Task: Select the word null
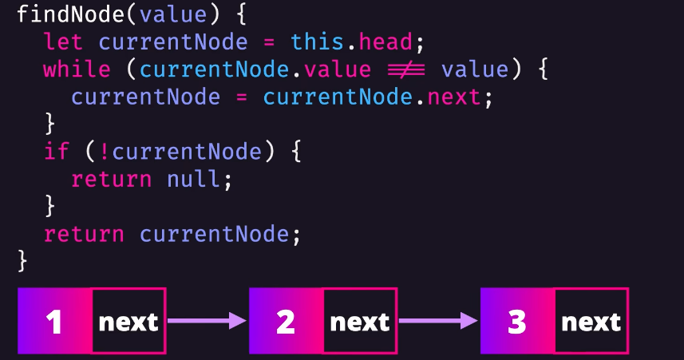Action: tap(195, 179)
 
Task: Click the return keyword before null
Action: tap(111, 179)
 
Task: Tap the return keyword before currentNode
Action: tap(84, 234)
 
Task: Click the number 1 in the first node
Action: tap(54, 322)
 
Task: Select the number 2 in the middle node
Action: tap(286, 322)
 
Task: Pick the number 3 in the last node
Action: tap(517, 322)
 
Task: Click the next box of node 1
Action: tap(128, 322)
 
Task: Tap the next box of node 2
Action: tap(360, 322)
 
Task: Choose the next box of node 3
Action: tap(591, 322)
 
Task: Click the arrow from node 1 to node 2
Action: tap(207, 321)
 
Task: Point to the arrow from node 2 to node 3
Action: tap(438, 321)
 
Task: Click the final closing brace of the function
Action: tap(22, 260)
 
